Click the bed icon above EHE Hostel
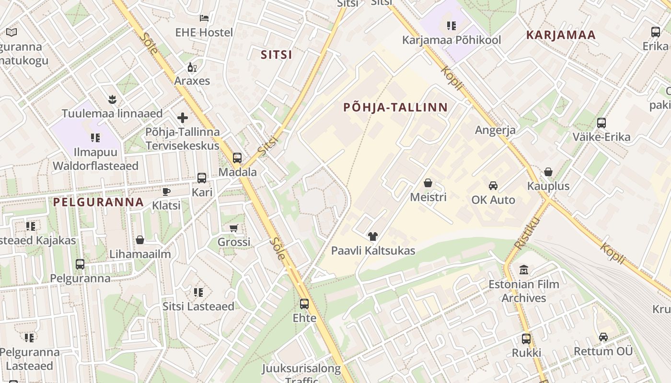[x=204, y=18]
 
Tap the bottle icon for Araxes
[x=192, y=67]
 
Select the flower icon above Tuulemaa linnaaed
[x=112, y=100]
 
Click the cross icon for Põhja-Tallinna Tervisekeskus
[x=183, y=117]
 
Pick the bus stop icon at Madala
[x=237, y=158]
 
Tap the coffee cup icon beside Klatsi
[x=166, y=192]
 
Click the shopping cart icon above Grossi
[x=234, y=228]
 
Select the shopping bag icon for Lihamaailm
[x=140, y=240]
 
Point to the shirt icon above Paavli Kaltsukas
[x=373, y=236]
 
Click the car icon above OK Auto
[x=493, y=186]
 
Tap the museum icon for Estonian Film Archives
[x=524, y=270]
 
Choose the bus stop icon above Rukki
[x=526, y=339]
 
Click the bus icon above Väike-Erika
[x=602, y=123]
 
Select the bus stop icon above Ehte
[x=304, y=304]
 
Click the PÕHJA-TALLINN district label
[x=395, y=107]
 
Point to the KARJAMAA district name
[x=561, y=35]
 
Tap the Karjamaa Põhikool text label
[x=451, y=40]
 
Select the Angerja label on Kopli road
[x=495, y=130]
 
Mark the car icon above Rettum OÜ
[x=603, y=337]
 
